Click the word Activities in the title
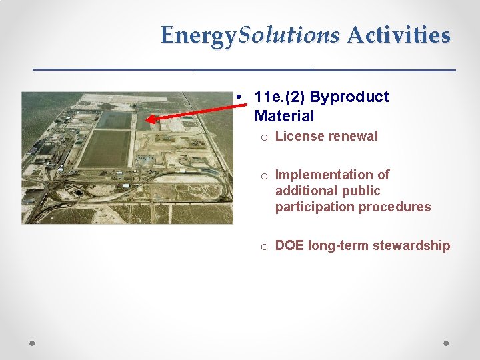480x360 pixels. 399,35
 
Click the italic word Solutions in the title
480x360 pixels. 289,35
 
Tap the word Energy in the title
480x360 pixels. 199,35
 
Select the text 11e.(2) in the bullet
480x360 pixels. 279,97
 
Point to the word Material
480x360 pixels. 284,117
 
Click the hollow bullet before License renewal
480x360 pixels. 264,137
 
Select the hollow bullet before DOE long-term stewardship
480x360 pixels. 264,247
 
